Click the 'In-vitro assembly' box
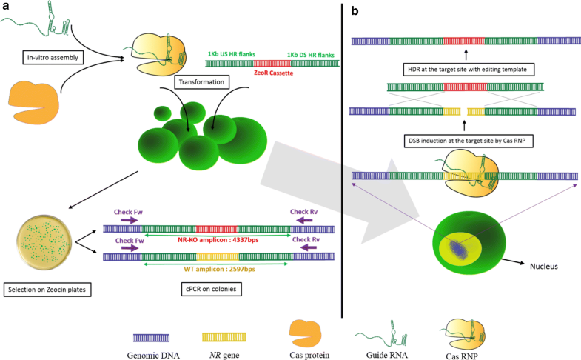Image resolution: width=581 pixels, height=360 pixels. [53, 56]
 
